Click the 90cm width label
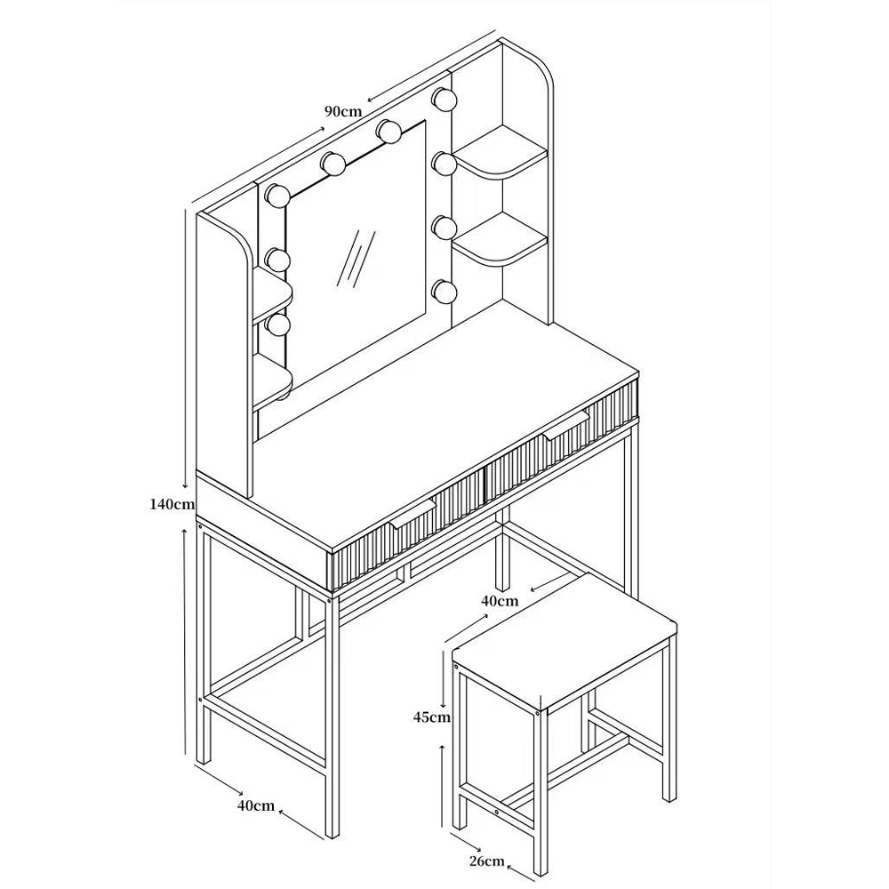point(343,111)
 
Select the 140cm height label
point(172,503)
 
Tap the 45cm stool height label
point(431,717)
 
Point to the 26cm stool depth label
point(486,861)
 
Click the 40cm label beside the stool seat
point(500,601)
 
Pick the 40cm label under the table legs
point(256,805)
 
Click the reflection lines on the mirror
point(356,258)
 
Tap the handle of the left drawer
point(412,516)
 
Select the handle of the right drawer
point(565,426)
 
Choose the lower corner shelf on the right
point(499,239)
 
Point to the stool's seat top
point(565,641)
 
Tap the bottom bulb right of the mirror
point(444,292)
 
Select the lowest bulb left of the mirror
point(278,326)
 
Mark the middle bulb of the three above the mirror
point(332,164)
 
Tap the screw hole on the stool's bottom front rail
point(497,812)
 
